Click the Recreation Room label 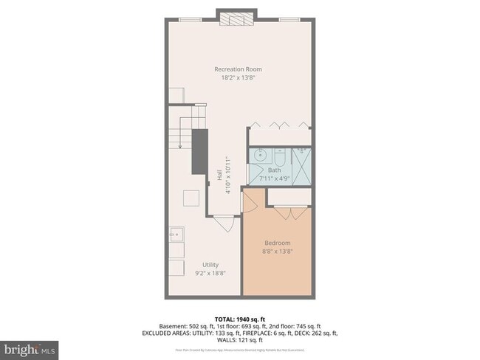[x=238, y=69]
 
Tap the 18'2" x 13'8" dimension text [x=238, y=77]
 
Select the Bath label [x=274, y=170]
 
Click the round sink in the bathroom [x=259, y=156]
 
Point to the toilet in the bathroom [x=281, y=156]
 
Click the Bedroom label [x=278, y=243]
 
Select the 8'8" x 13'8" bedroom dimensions [x=278, y=251]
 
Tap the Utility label [x=210, y=265]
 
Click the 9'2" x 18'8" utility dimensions [x=210, y=273]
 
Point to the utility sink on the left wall [x=176, y=236]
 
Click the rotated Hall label [x=219, y=175]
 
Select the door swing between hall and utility [x=223, y=220]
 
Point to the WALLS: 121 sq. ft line [x=239, y=340]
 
